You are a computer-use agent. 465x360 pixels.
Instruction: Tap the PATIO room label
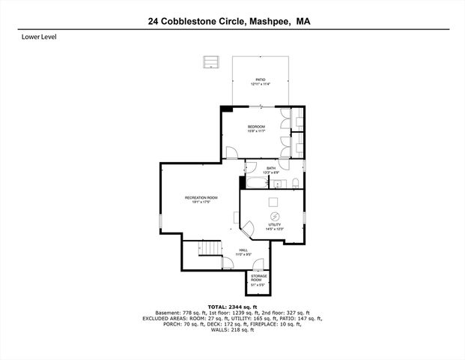(261, 79)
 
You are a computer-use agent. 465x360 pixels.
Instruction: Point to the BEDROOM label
(257, 127)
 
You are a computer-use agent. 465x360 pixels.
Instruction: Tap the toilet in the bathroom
(297, 183)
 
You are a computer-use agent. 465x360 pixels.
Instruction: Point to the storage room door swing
(258, 263)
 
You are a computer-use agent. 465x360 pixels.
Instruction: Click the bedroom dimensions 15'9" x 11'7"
(257, 132)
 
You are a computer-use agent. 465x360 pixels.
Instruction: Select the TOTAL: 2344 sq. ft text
(232, 307)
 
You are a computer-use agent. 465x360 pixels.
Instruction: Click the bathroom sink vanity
(276, 183)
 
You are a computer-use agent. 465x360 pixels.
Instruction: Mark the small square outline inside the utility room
(274, 200)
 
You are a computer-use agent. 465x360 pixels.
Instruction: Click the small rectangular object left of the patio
(210, 61)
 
